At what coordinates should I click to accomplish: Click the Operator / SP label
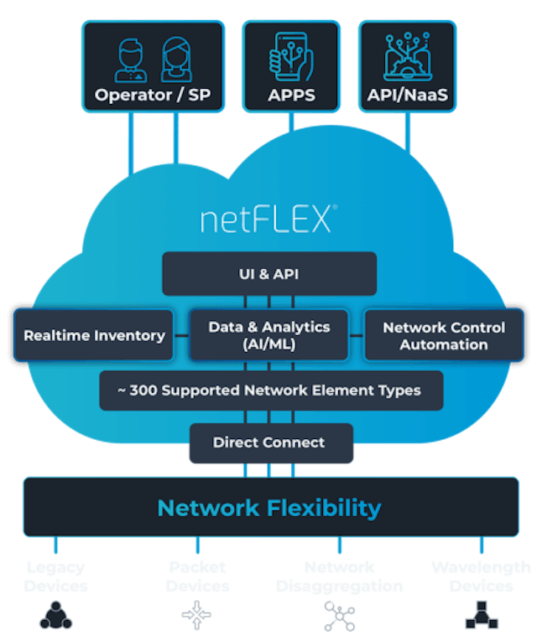[153, 95]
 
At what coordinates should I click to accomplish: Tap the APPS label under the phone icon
[291, 95]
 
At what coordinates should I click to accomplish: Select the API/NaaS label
[408, 95]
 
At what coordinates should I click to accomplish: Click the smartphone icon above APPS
[290, 55]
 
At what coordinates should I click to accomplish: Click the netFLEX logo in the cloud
[268, 219]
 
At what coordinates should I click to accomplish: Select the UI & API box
[268, 273]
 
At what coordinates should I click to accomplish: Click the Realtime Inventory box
[94, 335]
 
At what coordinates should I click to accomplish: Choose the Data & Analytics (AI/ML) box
[268, 335]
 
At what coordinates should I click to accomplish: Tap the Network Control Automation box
[444, 335]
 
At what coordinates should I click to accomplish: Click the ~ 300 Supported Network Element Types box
[270, 390]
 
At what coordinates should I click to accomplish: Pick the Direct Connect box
[268, 442]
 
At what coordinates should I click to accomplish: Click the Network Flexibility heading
[269, 508]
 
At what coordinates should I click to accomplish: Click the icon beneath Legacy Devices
[55, 616]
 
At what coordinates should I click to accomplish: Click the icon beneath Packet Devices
[196, 616]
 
